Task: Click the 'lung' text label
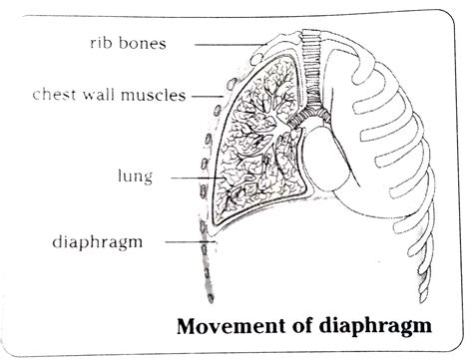(133, 179)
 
